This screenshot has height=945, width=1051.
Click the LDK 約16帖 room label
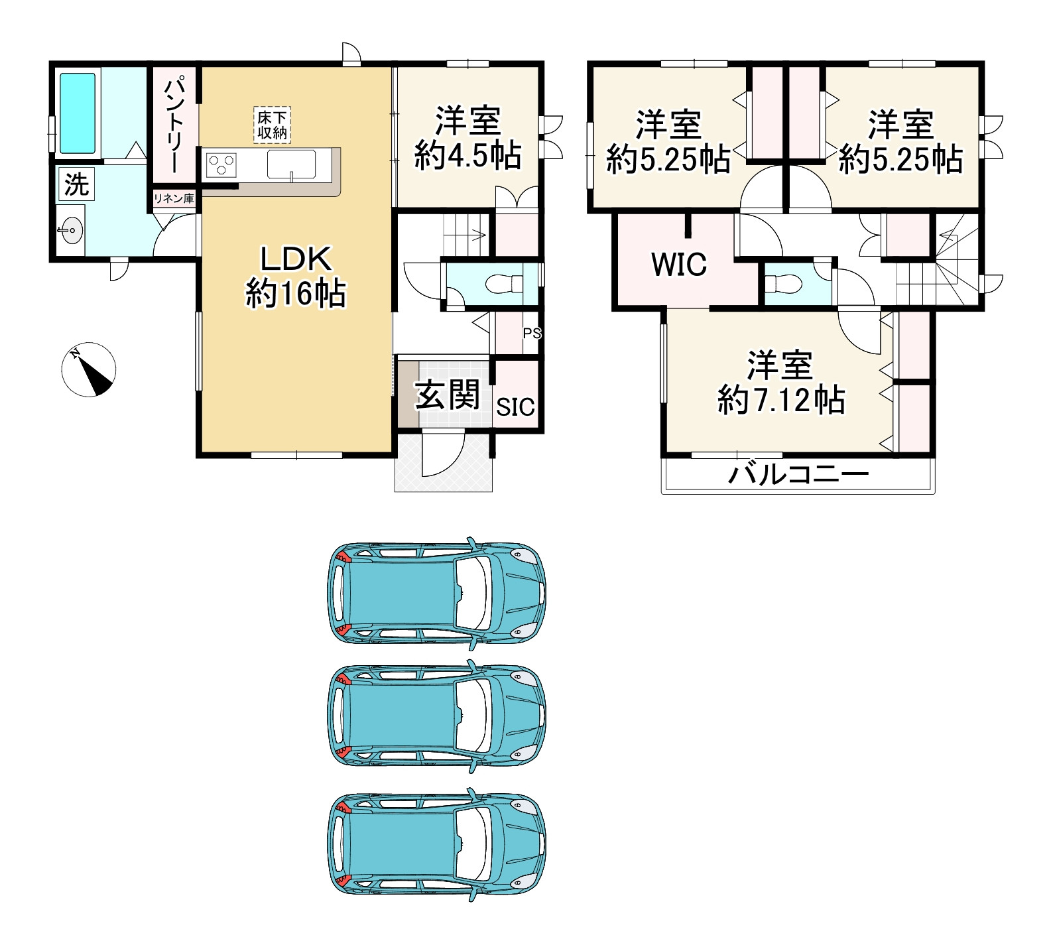click(x=296, y=275)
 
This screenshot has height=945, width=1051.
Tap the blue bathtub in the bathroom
click(x=78, y=113)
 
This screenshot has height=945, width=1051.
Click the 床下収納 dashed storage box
click(x=273, y=125)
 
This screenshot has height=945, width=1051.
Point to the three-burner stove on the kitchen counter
click(x=221, y=165)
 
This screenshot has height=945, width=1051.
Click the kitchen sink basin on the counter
click(x=291, y=164)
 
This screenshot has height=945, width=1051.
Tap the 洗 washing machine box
click(x=76, y=184)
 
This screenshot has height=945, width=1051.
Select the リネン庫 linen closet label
click(x=174, y=198)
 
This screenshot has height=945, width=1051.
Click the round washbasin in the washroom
click(x=70, y=231)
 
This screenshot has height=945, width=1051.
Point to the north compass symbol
click(x=89, y=369)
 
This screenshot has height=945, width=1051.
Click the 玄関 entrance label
click(x=447, y=396)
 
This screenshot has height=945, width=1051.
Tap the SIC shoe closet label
click(x=515, y=407)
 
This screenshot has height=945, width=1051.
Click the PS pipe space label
click(x=532, y=334)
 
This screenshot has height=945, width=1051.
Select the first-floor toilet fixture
click(x=505, y=285)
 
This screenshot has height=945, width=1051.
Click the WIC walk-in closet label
click(x=679, y=264)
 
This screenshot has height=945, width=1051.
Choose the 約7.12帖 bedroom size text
click(x=781, y=400)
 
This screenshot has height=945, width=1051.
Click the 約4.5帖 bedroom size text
click(x=467, y=156)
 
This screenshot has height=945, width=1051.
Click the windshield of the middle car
click(x=472, y=716)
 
